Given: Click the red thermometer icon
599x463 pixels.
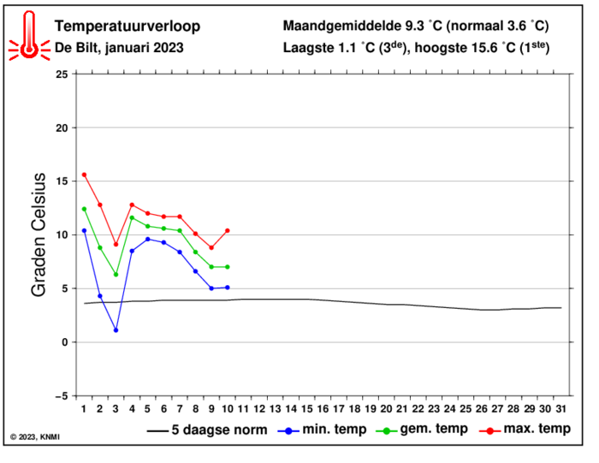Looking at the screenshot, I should tap(30, 37).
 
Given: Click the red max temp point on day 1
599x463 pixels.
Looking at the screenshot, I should tap(84, 175).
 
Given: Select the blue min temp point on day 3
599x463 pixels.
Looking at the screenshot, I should tap(116, 329).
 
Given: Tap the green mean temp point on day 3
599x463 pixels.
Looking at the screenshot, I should tap(116, 274).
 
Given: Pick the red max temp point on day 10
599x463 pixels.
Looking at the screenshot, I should tap(228, 230).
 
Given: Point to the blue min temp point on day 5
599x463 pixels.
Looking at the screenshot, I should tap(148, 239).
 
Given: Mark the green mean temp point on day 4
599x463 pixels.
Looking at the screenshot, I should tap(132, 217).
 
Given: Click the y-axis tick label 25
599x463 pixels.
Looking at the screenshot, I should tap(60, 74).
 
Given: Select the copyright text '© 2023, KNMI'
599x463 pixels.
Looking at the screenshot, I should tap(35, 437).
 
